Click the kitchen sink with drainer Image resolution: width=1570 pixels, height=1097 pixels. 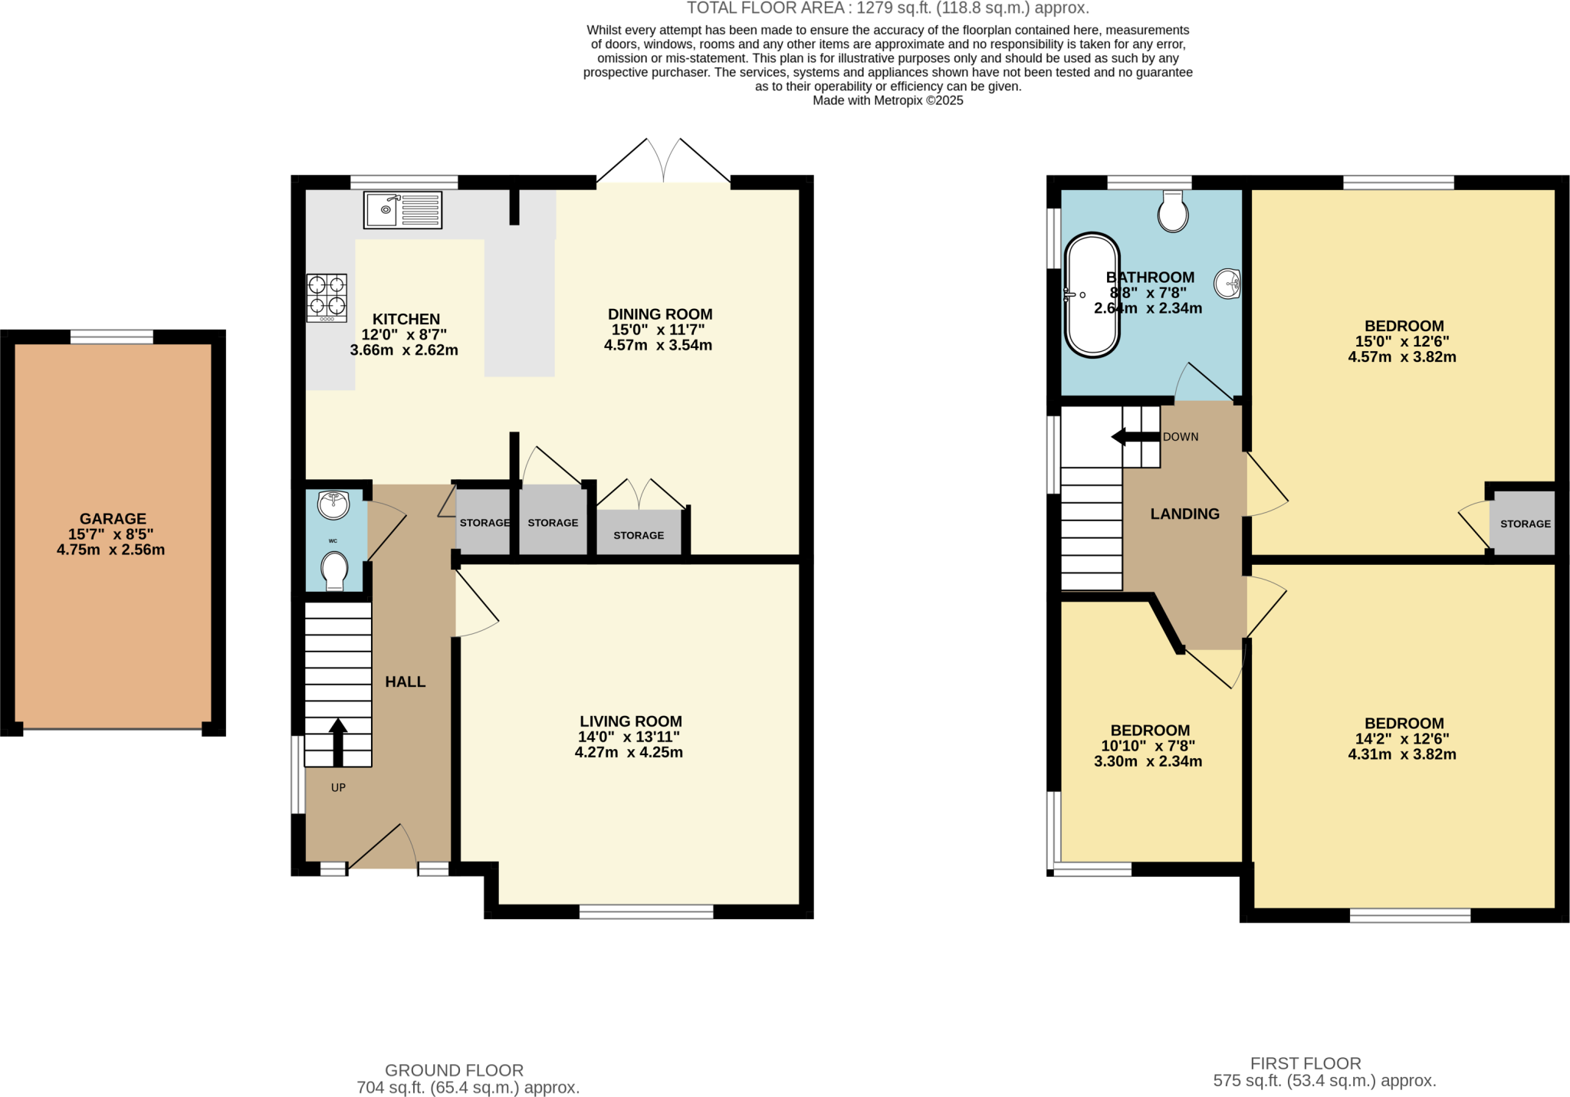pyautogui.click(x=402, y=209)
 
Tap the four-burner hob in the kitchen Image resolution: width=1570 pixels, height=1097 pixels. pyautogui.click(x=327, y=297)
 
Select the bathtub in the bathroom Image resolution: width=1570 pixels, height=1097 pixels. pyautogui.click(x=1092, y=295)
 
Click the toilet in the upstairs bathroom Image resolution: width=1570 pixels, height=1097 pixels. pyautogui.click(x=1173, y=212)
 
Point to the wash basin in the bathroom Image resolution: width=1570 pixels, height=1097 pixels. pyautogui.click(x=1227, y=284)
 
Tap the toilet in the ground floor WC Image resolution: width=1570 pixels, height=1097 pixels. pyautogui.click(x=335, y=571)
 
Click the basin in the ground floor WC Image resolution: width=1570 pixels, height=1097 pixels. pyautogui.click(x=333, y=504)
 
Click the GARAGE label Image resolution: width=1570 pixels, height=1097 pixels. pyautogui.click(x=113, y=519)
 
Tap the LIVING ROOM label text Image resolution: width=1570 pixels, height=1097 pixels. pyautogui.click(x=630, y=721)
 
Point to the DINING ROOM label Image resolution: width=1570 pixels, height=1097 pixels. pyautogui.click(x=659, y=314)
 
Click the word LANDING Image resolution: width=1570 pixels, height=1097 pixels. pyautogui.click(x=1184, y=514)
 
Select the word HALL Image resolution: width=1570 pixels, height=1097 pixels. pyautogui.click(x=405, y=682)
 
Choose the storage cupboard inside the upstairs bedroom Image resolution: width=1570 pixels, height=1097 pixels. pyautogui.click(x=1524, y=524)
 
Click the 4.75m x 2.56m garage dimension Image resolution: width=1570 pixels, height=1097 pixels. pyautogui.click(x=111, y=550)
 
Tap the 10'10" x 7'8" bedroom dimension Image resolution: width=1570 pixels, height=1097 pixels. pyautogui.click(x=1148, y=746)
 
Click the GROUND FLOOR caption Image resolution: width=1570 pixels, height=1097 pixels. pyautogui.click(x=454, y=1070)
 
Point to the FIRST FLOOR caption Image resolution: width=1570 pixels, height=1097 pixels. pyautogui.click(x=1306, y=1063)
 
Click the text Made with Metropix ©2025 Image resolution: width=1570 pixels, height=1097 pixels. pyautogui.click(x=888, y=100)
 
